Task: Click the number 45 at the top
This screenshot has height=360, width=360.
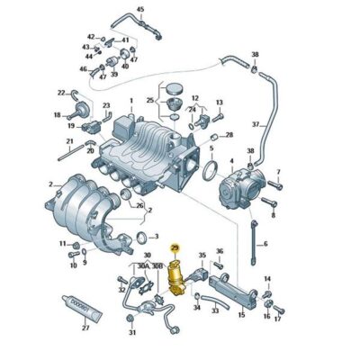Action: click(139, 10)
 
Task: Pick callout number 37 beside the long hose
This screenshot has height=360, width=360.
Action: click(255, 123)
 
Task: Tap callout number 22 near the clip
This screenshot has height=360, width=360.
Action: click(61, 92)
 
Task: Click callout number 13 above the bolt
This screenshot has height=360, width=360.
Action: click(219, 103)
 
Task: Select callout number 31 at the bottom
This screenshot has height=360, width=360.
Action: click(131, 334)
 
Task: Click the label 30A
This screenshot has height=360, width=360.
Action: click(143, 266)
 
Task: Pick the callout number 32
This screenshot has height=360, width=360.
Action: click(121, 289)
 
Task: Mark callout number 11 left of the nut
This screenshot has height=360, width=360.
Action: click(62, 244)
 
